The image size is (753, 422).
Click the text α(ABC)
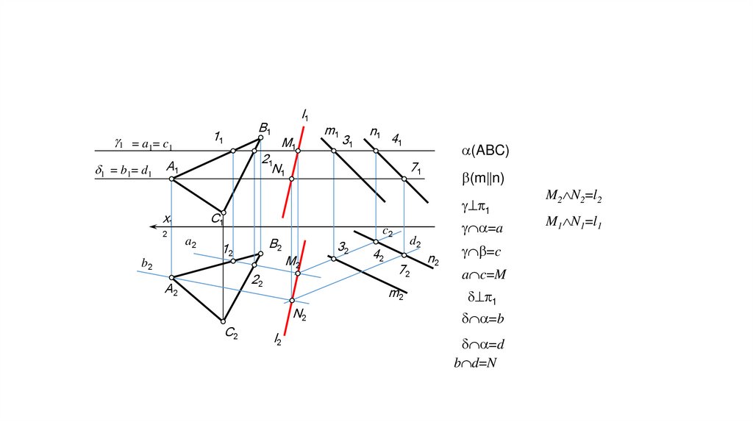coord(485,151)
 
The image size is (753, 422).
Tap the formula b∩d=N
coord(476,362)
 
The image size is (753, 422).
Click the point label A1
coord(173,166)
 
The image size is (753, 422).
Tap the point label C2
coord(231,334)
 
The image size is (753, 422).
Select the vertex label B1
coord(265,127)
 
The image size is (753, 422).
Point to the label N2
coord(299,314)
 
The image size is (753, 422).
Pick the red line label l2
coord(279,339)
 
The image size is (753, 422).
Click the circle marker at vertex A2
coord(171,278)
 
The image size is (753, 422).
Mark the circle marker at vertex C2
coord(223,321)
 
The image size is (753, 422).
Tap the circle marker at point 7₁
coord(404,179)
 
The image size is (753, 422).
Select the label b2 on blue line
coord(147,264)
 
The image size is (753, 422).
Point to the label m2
coord(396,295)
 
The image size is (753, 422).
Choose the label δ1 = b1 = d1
coord(124,171)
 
